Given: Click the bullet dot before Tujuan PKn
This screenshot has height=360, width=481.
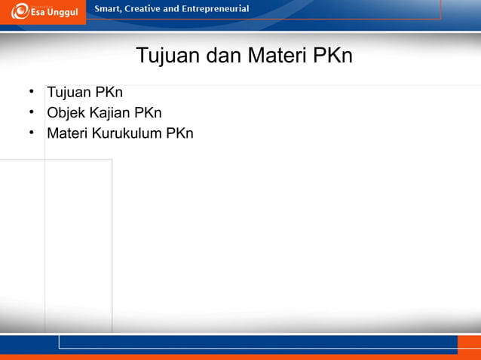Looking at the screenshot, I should [x=32, y=92].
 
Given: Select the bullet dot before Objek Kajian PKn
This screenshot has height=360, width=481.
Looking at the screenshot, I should [x=32, y=112].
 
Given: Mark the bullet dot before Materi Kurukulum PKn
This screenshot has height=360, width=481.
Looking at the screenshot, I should [x=32, y=133].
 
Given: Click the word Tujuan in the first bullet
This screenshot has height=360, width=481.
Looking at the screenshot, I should [x=69, y=93].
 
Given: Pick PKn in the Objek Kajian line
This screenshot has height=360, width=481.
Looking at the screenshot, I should [x=148, y=113].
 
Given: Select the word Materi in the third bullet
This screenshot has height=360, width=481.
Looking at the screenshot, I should [x=67, y=133].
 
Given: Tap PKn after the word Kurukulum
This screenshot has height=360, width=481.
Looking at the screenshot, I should [x=179, y=133].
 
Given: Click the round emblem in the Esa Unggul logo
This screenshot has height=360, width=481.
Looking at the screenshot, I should [x=20, y=11].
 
